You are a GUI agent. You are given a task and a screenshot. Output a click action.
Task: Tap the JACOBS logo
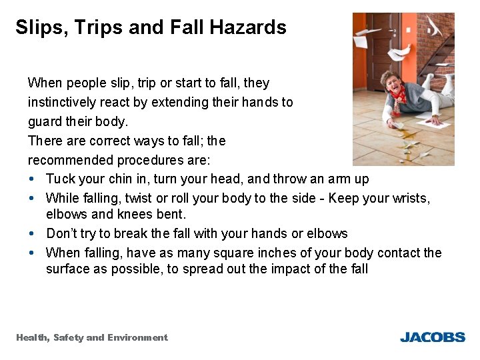432,337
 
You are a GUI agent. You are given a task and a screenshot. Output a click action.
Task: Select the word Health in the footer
32,337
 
